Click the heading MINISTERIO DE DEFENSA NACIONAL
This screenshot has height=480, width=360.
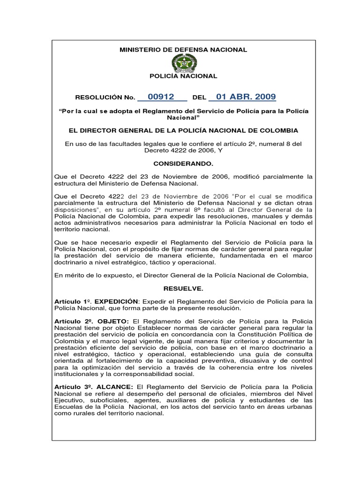tap(183, 50)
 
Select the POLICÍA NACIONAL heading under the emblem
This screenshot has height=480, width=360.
tap(183, 76)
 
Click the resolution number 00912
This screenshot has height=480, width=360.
tap(160, 97)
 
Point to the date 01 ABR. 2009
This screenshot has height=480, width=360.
tap(242, 97)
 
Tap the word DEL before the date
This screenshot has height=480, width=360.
tap(199, 98)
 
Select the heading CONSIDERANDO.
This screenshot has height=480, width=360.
tap(183, 164)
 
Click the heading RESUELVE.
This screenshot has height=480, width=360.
tap(183, 288)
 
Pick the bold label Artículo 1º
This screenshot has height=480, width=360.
tap(73, 301)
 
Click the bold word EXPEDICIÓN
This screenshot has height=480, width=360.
tap(116, 301)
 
